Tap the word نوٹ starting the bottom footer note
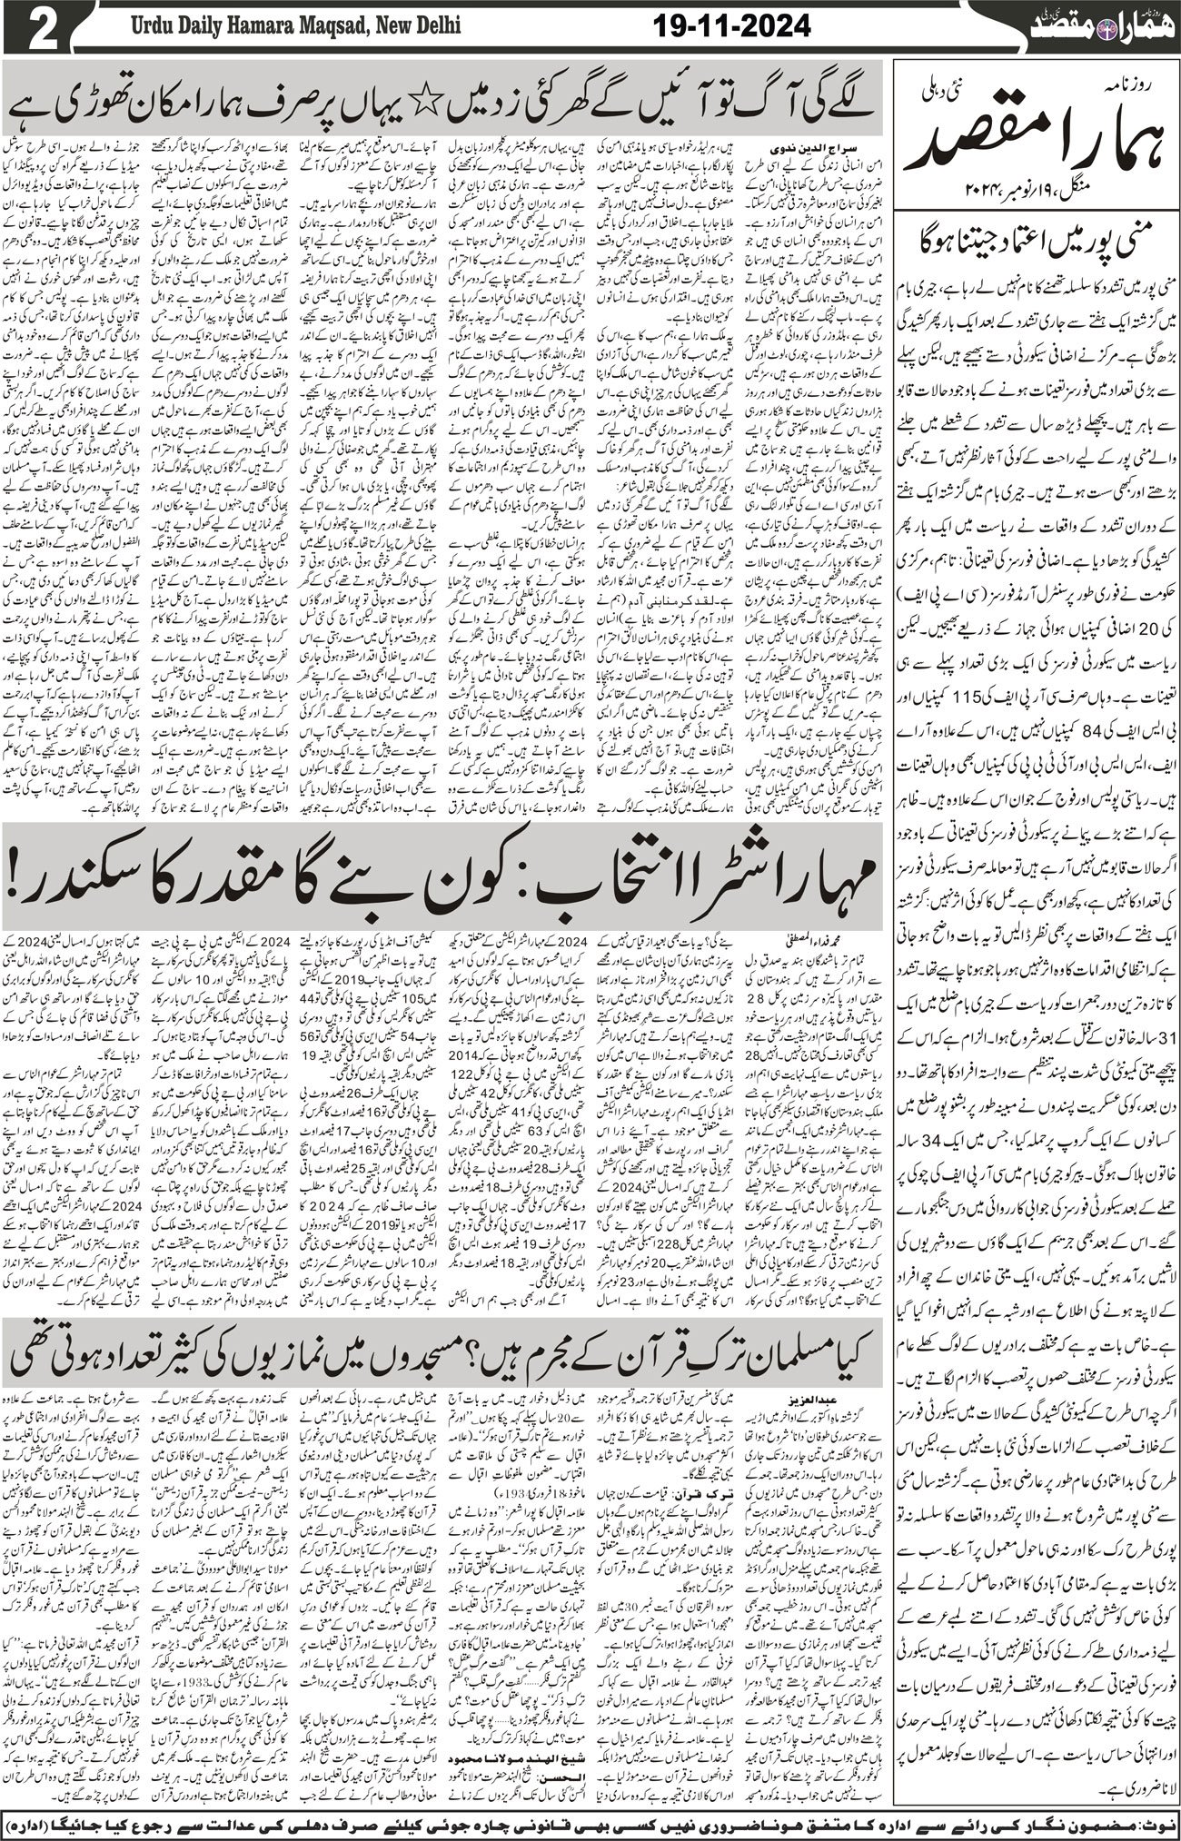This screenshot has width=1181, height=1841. [1156, 1823]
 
